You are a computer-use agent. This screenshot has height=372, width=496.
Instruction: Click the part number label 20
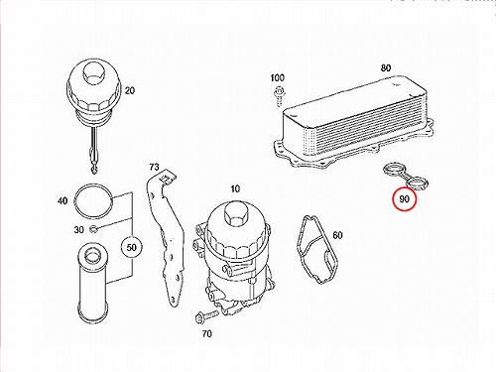(130, 90)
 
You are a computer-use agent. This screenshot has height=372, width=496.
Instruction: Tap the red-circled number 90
(404, 198)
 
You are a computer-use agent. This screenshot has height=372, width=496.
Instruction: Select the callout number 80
(386, 67)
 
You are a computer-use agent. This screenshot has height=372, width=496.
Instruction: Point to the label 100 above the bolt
(277, 77)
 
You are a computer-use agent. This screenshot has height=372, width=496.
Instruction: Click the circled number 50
(132, 247)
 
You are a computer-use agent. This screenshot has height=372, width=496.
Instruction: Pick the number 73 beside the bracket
(154, 167)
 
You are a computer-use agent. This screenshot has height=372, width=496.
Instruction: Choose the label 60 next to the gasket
(337, 235)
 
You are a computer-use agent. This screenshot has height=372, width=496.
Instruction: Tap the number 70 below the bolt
(206, 334)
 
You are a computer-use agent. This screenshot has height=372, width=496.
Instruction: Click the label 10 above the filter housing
(235, 188)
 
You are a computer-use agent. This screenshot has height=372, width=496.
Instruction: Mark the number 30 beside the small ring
(78, 229)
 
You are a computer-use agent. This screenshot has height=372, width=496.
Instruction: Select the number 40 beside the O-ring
(62, 200)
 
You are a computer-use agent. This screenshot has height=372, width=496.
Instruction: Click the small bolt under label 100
(279, 96)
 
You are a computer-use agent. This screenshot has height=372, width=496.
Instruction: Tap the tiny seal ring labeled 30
(93, 228)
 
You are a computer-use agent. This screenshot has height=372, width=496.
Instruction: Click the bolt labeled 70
(206, 315)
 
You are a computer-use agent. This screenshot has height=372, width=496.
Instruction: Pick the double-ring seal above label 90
(405, 177)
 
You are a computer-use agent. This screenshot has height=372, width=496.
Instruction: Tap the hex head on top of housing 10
(235, 212)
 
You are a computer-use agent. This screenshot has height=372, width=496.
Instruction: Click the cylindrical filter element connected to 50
(91, 283)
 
